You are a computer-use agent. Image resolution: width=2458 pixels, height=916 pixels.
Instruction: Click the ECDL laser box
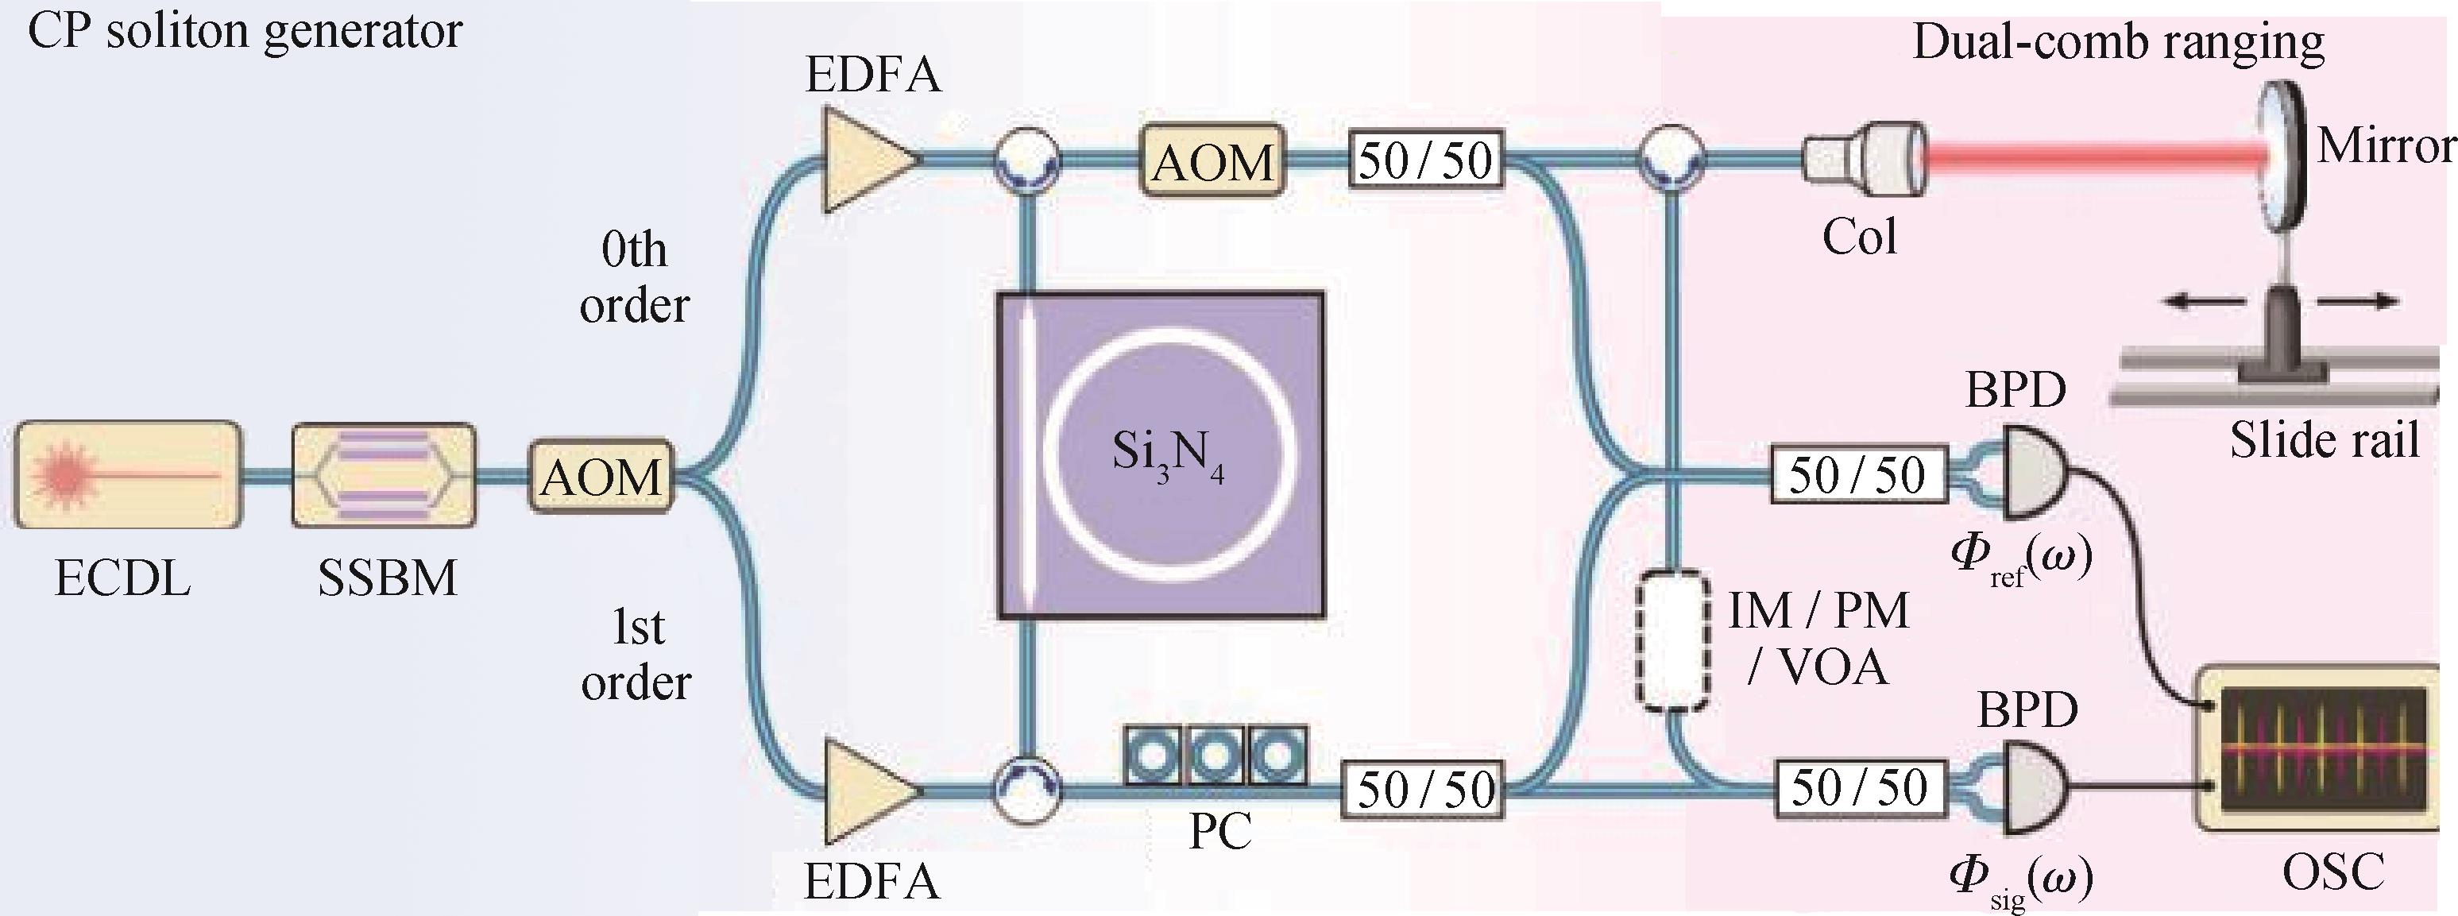127,474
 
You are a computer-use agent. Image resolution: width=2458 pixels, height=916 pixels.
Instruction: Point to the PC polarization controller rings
1215,756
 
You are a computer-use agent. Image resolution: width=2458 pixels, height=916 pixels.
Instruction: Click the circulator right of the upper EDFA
1026,158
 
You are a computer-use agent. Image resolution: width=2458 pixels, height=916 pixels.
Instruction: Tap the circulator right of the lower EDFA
1026,789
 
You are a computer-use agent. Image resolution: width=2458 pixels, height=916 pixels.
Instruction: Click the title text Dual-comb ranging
2118,43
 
